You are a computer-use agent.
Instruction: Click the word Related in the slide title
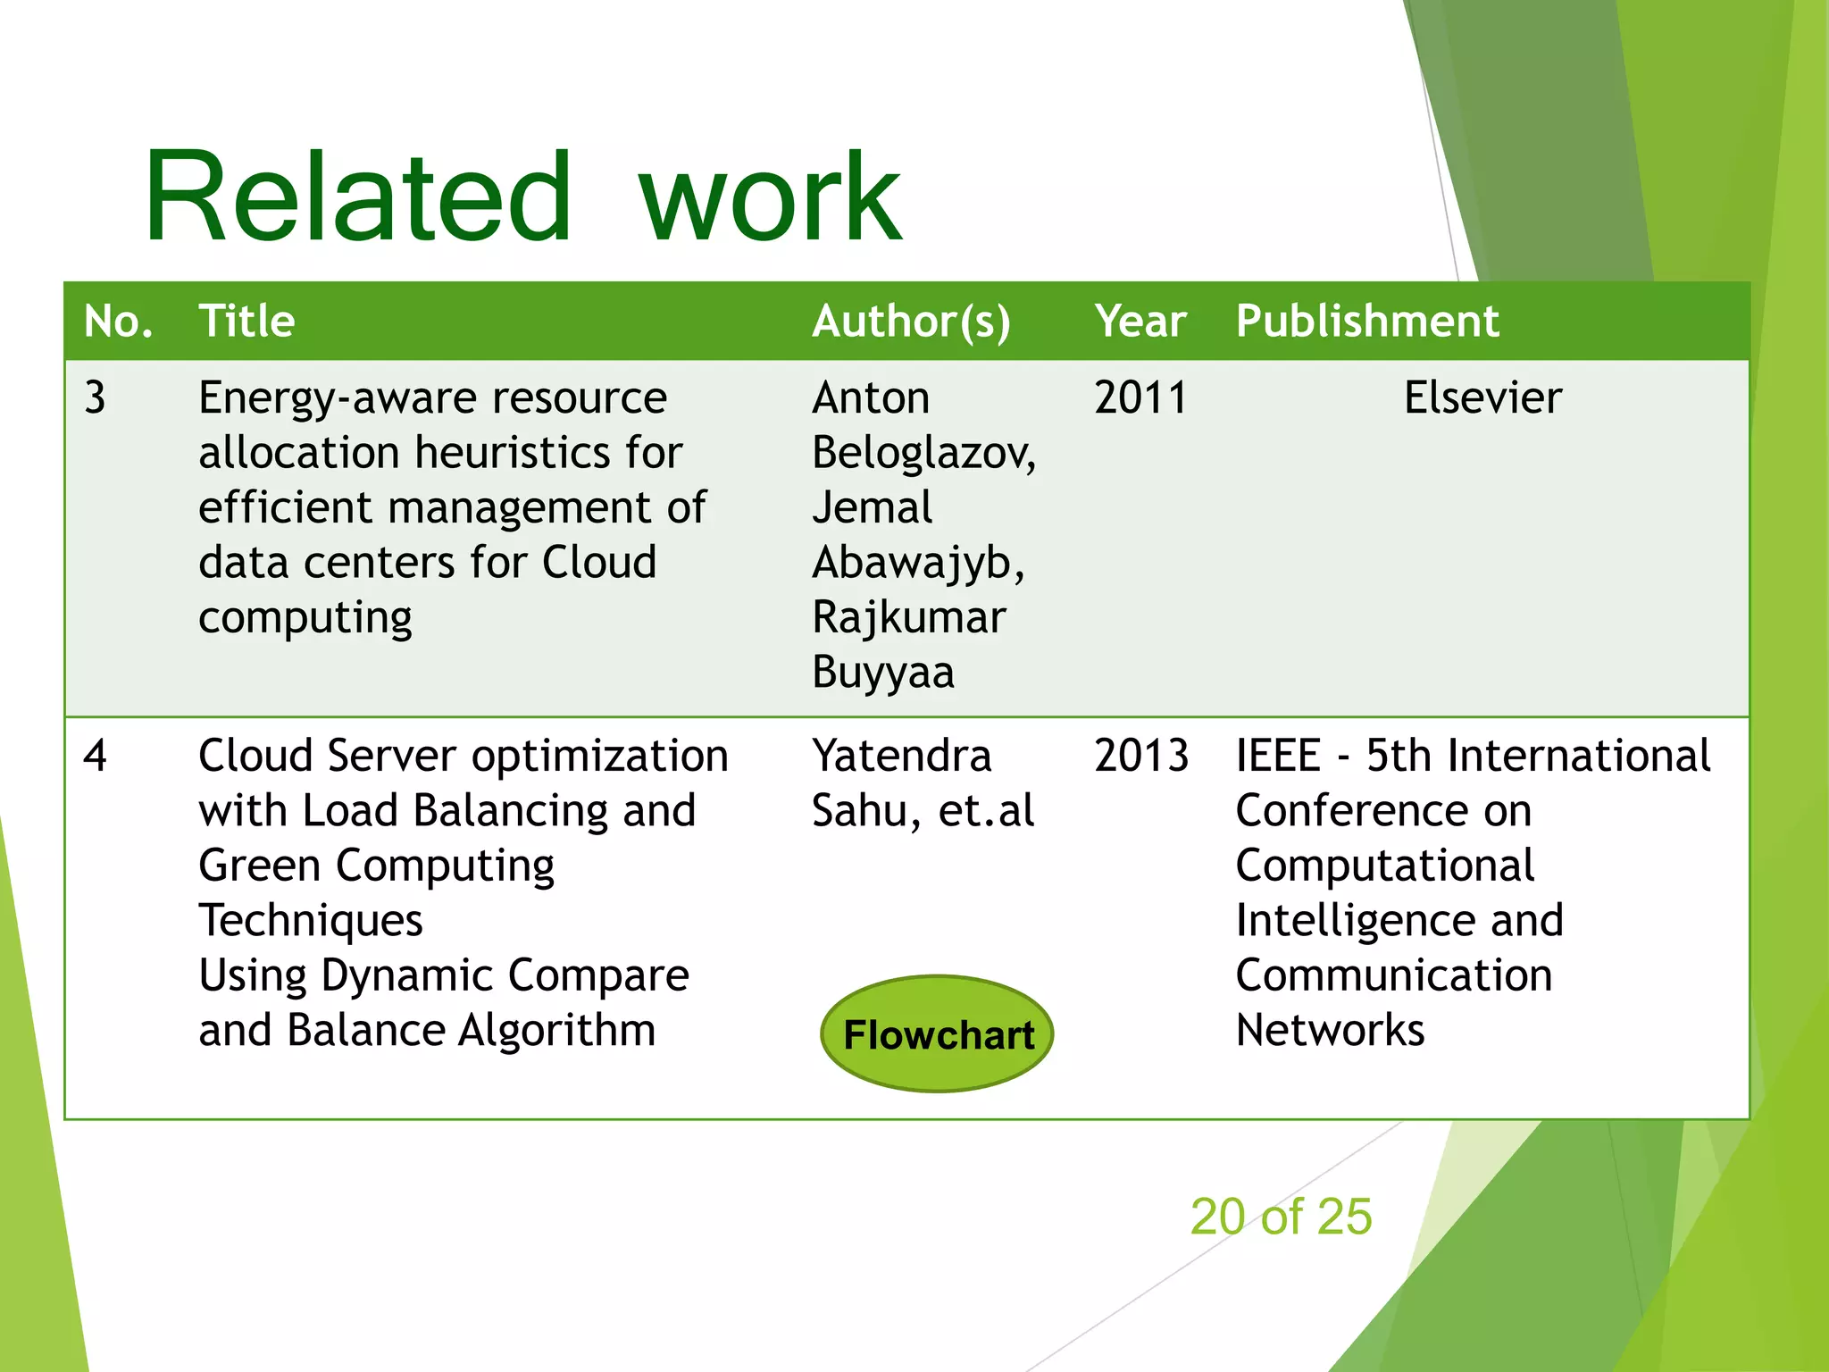[357, 198]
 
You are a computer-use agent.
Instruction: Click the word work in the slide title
[770, 198]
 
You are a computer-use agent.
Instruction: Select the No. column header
[118, 321]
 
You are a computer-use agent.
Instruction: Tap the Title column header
[246, 321]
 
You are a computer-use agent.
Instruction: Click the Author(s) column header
[911, 321]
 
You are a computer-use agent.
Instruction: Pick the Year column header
[1140, 321]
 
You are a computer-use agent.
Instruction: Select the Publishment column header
[1366, 321]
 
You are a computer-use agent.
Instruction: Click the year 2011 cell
[1140, 397]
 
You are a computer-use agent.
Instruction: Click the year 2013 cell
[1140, 756]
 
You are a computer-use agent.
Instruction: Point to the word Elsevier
[1482, 397]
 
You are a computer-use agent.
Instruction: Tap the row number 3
[95, 397]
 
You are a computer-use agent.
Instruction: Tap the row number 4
[95, 756]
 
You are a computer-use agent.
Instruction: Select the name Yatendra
[901, 756]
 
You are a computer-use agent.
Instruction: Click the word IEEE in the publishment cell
[1277, 756]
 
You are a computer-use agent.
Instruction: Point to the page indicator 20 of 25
[1281, 1217]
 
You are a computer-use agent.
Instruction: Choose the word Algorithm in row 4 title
[556, 1031]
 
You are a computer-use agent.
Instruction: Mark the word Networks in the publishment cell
[1329, 1031]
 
